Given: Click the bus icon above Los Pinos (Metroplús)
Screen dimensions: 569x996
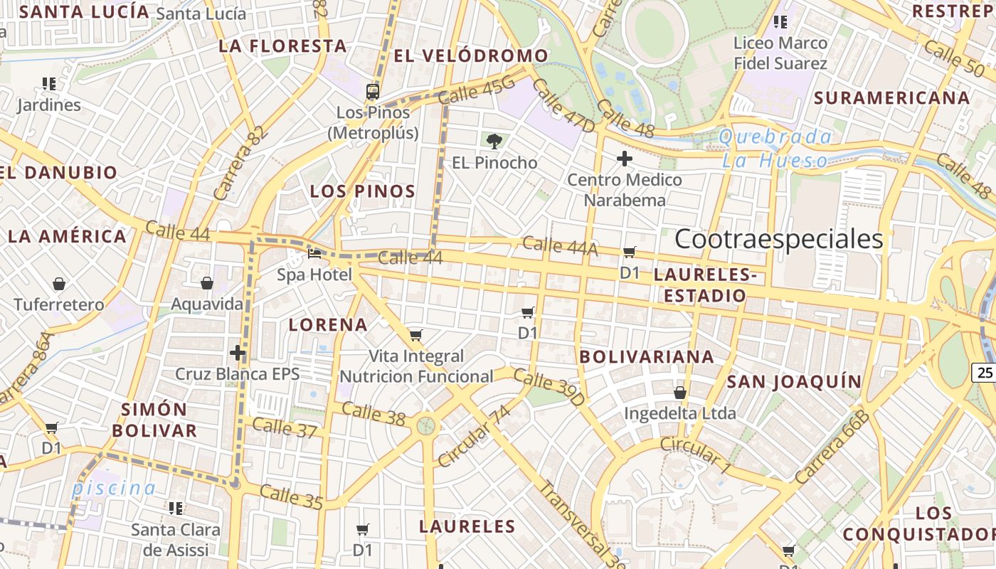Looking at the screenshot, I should coord(373,91).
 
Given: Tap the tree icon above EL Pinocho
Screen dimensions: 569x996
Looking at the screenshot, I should coord(494,141).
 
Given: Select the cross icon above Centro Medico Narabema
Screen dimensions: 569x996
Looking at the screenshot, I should coord(625,159).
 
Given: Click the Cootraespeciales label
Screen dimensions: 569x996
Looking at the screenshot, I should coord(778,239).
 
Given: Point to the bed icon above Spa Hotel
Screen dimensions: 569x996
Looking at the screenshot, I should coord(314,253).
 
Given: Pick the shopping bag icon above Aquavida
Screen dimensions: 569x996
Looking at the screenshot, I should coord(207,284).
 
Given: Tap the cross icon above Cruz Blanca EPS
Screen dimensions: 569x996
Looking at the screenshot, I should coord(238,353).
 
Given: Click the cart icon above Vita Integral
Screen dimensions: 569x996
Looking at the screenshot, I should coord(416,335).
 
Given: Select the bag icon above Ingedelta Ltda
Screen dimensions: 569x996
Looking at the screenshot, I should coord(680,393).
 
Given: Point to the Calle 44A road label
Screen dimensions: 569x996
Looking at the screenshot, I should coord(560,246).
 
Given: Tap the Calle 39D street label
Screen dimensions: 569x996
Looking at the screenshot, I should coord(549,388).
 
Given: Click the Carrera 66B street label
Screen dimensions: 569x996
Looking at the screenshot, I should coord(832,447).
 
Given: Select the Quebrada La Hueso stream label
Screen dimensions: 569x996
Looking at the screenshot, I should coord(775,149).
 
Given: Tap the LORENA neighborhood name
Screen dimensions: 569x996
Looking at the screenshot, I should coord(328,325).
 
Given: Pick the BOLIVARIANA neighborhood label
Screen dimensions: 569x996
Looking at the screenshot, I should coord(647,356).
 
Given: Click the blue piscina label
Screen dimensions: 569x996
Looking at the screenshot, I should coord(114,489).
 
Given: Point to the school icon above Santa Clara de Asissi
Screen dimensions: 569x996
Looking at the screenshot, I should coord(176,509).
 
